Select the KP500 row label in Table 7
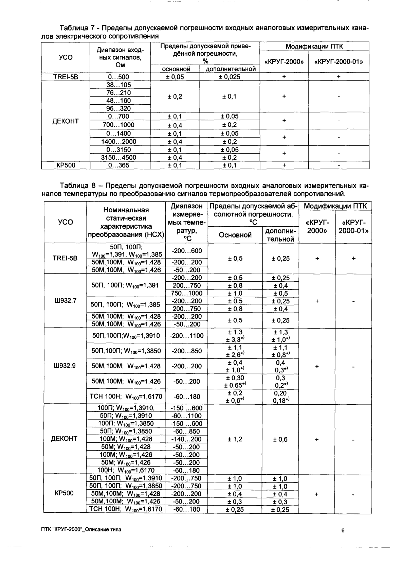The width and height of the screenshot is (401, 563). coord(66,165)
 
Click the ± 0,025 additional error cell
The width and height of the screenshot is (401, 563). coord(229,77)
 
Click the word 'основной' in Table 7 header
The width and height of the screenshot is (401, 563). coord(175,69)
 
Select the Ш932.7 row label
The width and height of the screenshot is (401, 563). coord(65,301)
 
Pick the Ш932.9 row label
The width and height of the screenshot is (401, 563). coord(65,366)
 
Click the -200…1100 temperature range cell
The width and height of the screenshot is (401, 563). coord(186,336)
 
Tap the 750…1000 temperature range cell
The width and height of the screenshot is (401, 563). coord(186,293)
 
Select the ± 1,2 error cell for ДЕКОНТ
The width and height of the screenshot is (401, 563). coord(235,439)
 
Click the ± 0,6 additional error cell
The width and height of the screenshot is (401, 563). coord(280,439)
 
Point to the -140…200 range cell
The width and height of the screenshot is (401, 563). coord(186,439)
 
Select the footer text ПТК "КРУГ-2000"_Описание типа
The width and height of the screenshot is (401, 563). coord(80,530)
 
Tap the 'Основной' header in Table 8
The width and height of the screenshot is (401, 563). coord(235,235)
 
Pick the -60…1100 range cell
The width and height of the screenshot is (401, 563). coord(186,416)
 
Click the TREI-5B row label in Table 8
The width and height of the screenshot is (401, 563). coord(65,258)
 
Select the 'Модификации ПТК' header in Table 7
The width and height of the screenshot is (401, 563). coord(314,47)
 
